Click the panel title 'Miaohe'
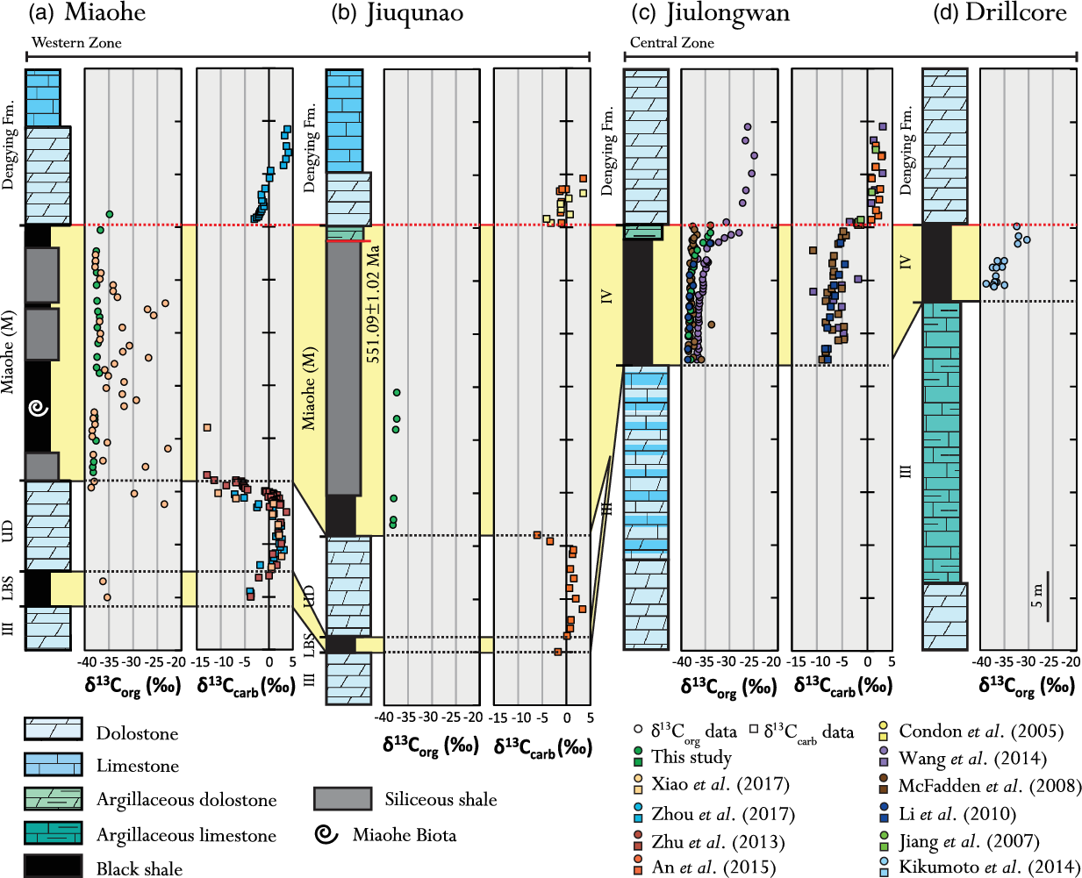pos(104,12)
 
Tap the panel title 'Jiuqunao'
pos(414,13)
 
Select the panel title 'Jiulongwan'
pos(728,13)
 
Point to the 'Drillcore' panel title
pos(1016,12)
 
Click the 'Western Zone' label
pos(76,43)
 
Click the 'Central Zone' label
pos(671,43)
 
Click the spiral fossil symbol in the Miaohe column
pos(39,408)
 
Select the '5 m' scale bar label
pos(1037,596)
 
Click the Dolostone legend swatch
pos(53,729)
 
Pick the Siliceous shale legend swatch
pos(342,799)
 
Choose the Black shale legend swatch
pos(53,867)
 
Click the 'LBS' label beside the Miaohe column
pos(8,589)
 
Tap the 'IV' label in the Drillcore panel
pos(906,262)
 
